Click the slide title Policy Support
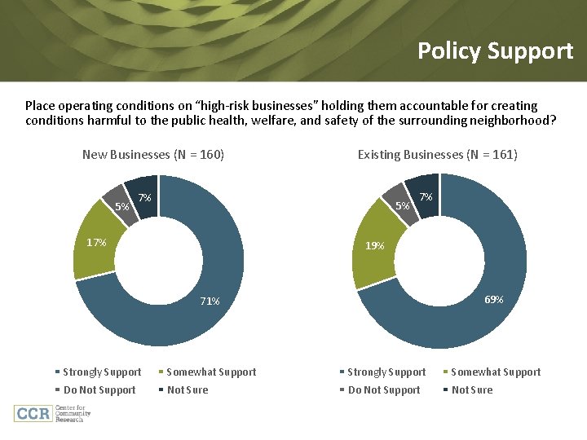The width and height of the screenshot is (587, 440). click(495, 51)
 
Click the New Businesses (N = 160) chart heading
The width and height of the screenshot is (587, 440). click(153, 154)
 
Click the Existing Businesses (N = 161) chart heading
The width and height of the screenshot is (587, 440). click(438, 154)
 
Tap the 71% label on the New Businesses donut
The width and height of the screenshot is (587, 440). click(210, 301)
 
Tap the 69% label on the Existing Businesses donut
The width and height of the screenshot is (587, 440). click(493, 299)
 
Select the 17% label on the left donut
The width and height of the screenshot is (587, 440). click(96, 242)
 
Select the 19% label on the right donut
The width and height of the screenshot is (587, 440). click(375, 244)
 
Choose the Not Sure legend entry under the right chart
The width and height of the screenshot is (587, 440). click(472, 390)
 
